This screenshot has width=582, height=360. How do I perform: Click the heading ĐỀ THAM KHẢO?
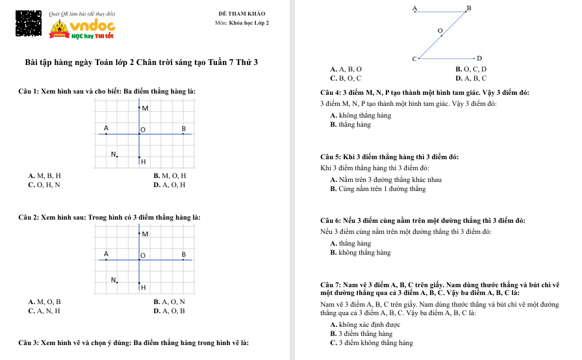tap(242, 14)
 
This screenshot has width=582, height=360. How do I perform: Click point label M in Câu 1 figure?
tap(144, 108)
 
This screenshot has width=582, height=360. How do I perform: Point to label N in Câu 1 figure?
tap(114, 155)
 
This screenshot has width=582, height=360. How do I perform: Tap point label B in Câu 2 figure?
tap(184, 253)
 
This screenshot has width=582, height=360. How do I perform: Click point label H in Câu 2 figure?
tap(143, 287)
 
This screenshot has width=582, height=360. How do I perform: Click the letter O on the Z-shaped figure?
tap(440, 31)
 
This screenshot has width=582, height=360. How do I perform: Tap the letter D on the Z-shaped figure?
tap(479, 58)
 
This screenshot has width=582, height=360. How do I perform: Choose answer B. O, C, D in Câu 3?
tap(471, 69)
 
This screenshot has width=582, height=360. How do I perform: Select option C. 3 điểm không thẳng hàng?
tap(372, 342)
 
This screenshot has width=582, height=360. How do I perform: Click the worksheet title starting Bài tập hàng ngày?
tap(141, 62)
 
